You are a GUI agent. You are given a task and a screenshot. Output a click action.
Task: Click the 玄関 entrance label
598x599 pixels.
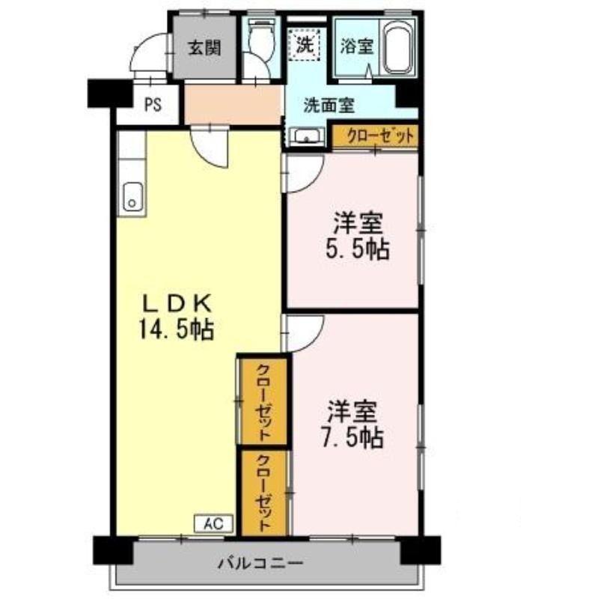coord(204,49)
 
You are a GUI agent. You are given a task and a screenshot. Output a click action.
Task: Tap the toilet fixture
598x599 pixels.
coord(260,38)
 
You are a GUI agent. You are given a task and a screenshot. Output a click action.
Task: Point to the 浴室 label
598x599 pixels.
coord(356,46)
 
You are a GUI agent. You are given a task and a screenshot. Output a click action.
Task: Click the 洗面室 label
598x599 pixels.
coord(329,106)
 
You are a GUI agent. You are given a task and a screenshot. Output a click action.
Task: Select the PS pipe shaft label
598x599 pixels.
coord(153,105)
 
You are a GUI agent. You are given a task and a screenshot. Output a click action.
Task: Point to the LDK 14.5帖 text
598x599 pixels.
coord(177,316)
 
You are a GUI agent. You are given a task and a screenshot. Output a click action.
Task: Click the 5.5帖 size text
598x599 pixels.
coord(357,250)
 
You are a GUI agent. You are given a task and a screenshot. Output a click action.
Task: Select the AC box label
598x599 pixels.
coord(213,523)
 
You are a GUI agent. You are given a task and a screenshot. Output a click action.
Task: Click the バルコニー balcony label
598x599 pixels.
coord(260,562)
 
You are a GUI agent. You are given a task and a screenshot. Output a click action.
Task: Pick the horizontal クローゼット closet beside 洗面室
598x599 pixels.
coord(375,136)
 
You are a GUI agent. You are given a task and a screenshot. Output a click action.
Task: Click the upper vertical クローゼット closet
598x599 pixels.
coord(263,402)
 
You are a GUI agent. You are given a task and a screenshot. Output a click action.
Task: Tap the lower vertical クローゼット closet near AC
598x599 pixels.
coord(263,493)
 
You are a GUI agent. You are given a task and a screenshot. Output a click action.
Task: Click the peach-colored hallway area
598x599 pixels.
coord(234,104)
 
